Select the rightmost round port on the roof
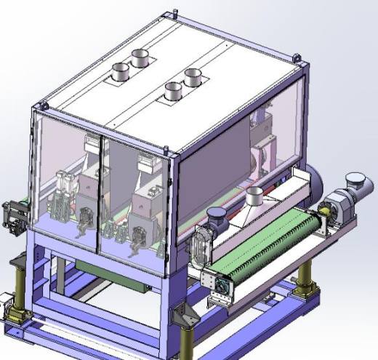tap(193, 76)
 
